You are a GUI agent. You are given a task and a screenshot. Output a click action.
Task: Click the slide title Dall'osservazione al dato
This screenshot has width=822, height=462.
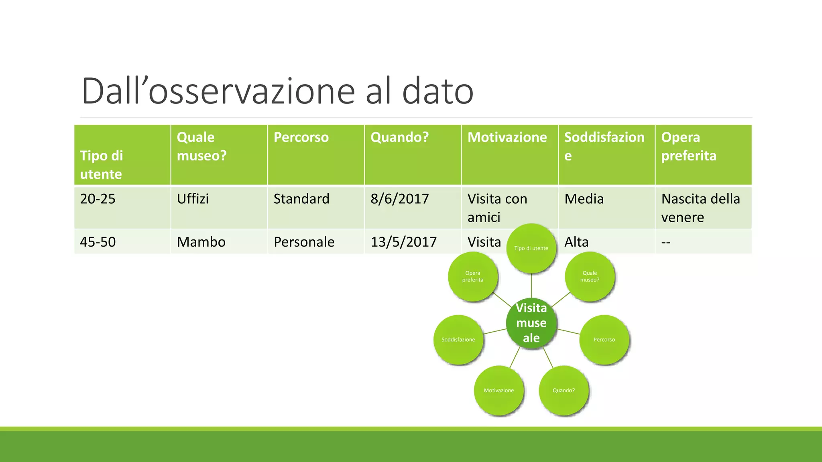[277, 91]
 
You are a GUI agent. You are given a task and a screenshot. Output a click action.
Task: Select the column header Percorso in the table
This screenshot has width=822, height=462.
[301, 138]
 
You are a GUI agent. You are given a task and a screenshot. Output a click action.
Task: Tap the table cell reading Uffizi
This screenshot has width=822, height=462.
[193, 199]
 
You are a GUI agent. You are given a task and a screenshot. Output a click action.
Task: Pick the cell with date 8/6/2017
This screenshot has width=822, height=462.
[399, 199]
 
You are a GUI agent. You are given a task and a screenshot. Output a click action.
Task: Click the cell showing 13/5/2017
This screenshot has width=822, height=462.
[403, 242]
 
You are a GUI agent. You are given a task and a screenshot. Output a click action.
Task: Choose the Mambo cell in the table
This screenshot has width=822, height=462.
[201, 242]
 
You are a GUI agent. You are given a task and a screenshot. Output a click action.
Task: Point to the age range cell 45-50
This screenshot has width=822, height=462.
[98, 242]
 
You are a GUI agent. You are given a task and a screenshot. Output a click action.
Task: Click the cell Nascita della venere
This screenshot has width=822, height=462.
[700, 208]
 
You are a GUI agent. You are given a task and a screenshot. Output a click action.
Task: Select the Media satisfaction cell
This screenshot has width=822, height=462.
[584, 199]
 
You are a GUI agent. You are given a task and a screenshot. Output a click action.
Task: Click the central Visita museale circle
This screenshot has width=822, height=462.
[531, 323]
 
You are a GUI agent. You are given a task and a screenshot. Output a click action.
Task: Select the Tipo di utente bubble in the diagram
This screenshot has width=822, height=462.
[531, 249]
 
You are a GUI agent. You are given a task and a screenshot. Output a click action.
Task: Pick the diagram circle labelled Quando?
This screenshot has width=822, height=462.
[564, 390]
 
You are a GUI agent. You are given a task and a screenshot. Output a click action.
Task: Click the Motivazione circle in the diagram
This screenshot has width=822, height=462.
[498, 390]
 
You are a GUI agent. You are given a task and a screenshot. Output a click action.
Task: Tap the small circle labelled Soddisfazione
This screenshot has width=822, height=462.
[458, 340]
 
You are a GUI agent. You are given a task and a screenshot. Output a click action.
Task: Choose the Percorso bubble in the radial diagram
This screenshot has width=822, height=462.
[604, 340]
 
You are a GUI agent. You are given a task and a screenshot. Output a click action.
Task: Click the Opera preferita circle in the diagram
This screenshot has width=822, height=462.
[473, 277]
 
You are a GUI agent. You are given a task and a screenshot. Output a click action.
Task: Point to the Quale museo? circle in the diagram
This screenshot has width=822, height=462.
[590, 277]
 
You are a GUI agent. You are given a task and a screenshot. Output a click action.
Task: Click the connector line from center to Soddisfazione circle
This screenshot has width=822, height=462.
[495, 331]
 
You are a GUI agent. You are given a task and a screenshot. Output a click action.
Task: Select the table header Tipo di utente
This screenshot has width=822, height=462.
[102, 165]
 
